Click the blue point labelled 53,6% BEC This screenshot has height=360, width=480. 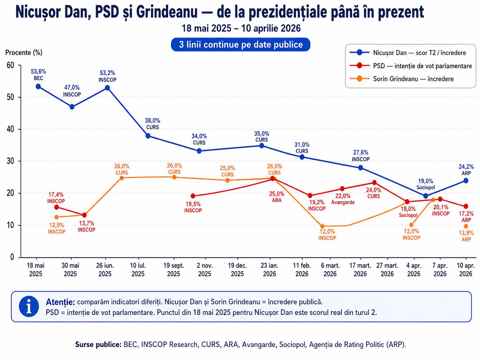coord(38,87)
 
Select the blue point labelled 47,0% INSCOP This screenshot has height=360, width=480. coord(72,107)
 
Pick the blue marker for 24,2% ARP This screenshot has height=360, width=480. coord(466,181)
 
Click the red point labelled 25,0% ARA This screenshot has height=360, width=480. coord(272,178)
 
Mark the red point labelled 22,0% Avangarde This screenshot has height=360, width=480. coord(342,189)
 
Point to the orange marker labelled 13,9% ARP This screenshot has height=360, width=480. coord(466,226)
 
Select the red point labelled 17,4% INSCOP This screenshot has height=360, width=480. coord(56,207)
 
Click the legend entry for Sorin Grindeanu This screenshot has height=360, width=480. coord(413,79)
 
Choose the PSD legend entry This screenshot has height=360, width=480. coord(422,66)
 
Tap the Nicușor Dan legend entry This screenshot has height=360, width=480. coord(419,53)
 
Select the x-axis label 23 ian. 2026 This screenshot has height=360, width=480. coord(270,270)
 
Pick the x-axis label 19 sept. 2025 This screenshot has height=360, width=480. coord(174,270)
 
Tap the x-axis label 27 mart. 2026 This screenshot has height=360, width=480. coord(387,270)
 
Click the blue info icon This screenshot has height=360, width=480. coord(29,306)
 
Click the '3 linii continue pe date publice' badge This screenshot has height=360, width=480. coord(241,45)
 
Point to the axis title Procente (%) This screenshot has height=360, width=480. coord(24,52)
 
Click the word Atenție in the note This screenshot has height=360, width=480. coord(60,302)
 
